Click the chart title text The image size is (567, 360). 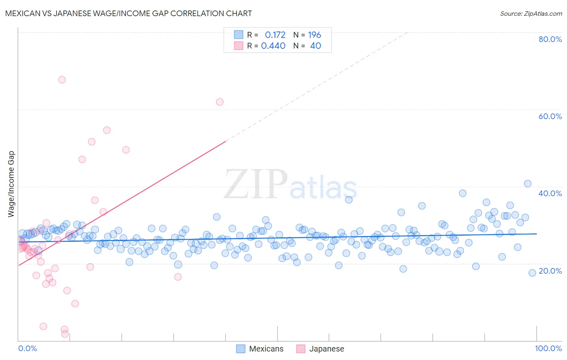(x=128, y=13)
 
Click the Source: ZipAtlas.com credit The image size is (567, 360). (x=531, y=13)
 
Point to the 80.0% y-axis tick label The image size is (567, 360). (x=550, y=39)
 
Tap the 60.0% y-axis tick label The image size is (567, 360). (x=550, y=116)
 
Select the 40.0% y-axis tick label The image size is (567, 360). (x=550, y=193)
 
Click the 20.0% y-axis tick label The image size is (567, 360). (x=550, y=271)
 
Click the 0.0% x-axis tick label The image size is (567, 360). (x=27, y=348)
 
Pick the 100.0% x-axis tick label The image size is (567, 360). (x=548, y=348)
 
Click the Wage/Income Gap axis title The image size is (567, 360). (x=11, y=184)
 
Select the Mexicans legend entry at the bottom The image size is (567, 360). (x=260, y=349)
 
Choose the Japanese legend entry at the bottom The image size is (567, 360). (x=320, y=349)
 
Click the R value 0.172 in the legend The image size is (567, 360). (x=275, y=35)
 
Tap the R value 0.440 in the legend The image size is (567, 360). (x=273, y=46)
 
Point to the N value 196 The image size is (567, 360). (x=315, y=35)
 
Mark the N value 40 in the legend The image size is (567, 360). (x=315, y=46)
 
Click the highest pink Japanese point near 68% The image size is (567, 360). (x=62, y=80)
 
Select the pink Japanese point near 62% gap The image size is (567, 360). (x=219, y=102)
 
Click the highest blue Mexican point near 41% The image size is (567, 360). (x=527, y=184)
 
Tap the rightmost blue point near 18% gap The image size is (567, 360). (x=532, y=273)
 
